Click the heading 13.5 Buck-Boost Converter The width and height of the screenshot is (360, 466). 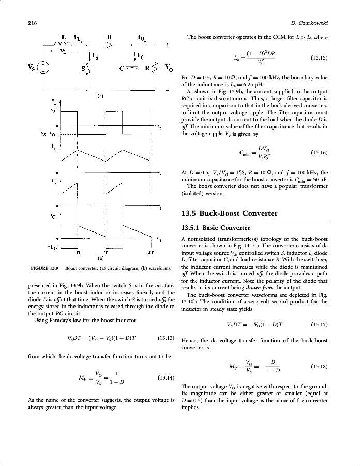(x=230, y=213)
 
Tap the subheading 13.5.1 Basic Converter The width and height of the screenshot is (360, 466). (x=216, y=228)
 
